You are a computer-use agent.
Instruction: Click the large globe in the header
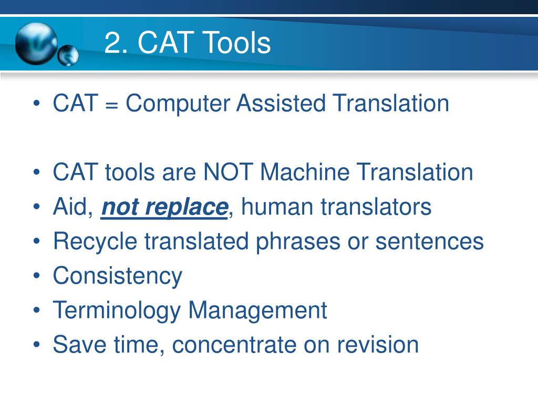click(36, 43)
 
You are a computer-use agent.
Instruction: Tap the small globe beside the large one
click(68, 56)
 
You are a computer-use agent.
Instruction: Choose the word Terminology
click(117, 310)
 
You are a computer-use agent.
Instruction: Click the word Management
click(257, 310)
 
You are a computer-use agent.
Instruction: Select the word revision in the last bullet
click(378, 345)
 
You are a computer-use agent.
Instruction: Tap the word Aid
click(73, 207)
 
